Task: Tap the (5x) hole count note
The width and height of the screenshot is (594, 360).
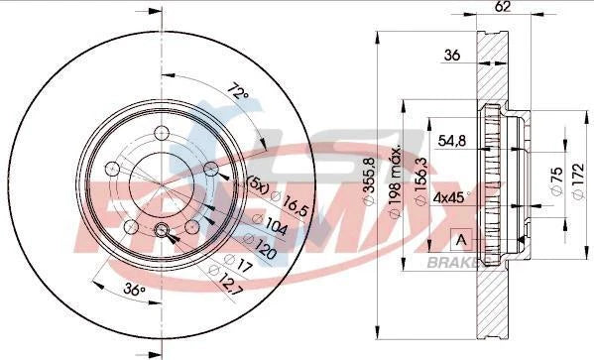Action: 255,182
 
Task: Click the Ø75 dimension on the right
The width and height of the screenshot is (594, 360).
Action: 554,180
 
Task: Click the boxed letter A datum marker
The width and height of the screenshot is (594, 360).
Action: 459,239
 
